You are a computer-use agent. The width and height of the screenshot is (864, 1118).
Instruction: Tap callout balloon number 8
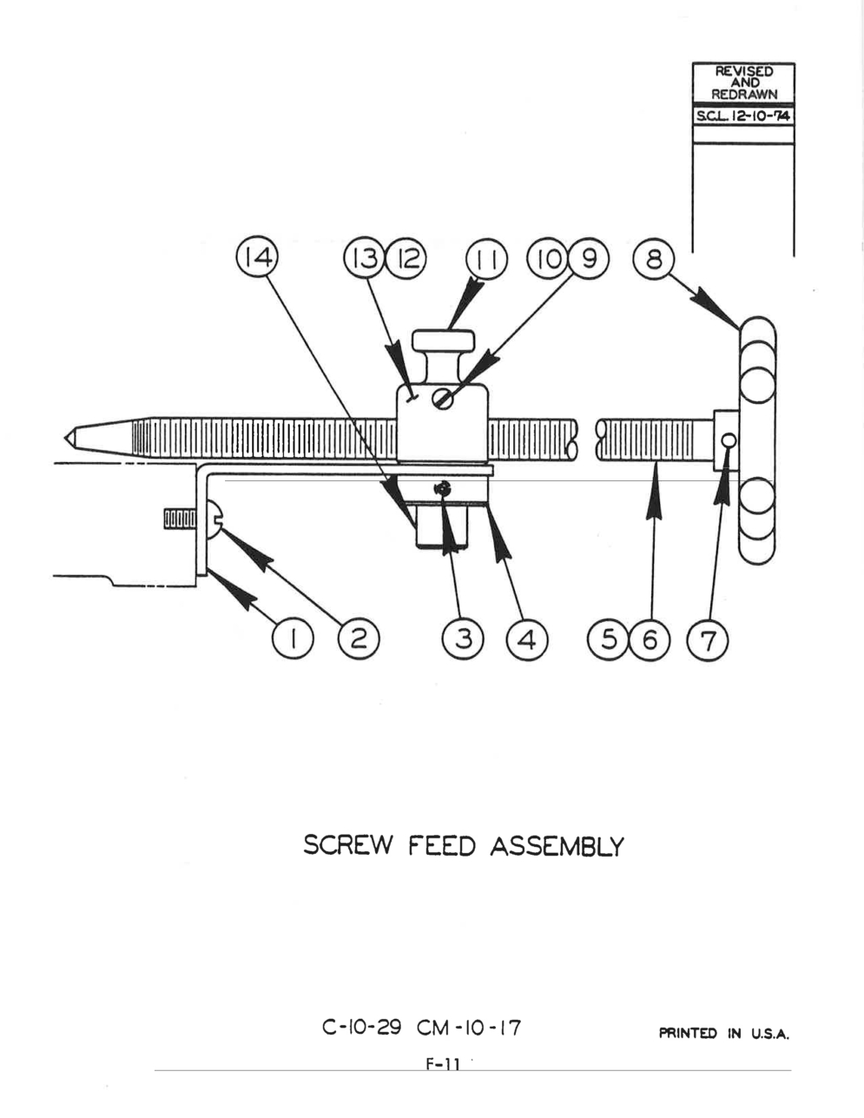click(654, 259)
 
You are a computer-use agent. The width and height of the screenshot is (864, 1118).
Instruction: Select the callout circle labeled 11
click(486, 259)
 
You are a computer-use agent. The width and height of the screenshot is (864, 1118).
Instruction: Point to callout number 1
click(292, 639)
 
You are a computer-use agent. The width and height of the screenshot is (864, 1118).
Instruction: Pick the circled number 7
click(708, 639)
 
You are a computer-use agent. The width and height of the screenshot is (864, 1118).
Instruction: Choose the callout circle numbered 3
click(463, 639)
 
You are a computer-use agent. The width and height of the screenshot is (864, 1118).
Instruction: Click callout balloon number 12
click(406, 258)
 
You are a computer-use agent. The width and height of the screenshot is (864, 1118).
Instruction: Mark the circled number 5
click(609, 639)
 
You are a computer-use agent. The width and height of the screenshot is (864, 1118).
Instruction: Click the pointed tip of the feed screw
click(65, 438)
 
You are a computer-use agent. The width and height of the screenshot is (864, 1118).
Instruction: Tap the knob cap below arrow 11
click(444, 340)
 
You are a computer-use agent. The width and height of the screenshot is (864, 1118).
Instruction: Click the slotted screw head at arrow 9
click(443, 399)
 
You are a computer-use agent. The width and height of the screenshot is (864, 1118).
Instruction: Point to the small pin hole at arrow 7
click(729, 441)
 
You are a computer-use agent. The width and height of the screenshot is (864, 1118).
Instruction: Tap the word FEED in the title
click(442, 846)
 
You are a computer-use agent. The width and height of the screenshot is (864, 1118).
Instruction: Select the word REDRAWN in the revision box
click(744, 94)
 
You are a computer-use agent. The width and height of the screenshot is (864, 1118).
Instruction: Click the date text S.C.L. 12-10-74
click(742, 116)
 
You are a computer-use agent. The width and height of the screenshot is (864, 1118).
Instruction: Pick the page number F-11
click(442, 1063)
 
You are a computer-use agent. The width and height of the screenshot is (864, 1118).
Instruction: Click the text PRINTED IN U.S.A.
click(724, 1033)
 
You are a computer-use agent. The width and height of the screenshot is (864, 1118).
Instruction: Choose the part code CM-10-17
click(469, 1028)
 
